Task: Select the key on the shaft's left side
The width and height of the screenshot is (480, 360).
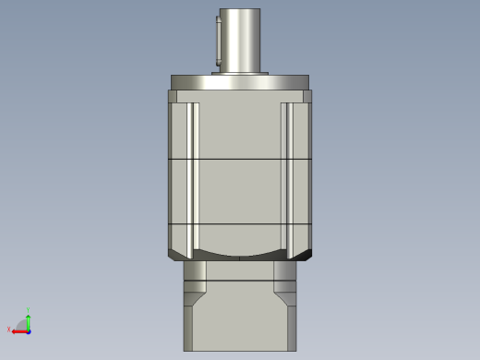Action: click(218, 42)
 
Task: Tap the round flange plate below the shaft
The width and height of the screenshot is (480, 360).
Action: click(240, 82)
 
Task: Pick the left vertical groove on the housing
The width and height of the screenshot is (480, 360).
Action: click(193, 175)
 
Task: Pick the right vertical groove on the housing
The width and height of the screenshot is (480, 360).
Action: click(287, 175)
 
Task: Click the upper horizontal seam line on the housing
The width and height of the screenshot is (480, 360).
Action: click(240, 160)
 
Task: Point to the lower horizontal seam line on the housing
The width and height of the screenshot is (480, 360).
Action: click(240, 224)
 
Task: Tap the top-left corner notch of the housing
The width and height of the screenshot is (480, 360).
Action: click(173, 96)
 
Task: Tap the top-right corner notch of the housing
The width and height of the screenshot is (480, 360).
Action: click(307, 96)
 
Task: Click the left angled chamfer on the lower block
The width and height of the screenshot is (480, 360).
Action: click(196, 301)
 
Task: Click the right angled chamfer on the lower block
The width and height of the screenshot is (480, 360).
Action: click(284, 301)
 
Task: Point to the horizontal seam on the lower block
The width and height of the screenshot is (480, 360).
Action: click(240, 282)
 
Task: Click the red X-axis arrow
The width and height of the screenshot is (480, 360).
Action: click(19, 330)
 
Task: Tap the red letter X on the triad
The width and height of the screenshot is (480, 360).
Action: click(9, 330)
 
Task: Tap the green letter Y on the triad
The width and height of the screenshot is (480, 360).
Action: click(29, 310)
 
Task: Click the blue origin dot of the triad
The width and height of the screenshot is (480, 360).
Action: click(29, 330)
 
